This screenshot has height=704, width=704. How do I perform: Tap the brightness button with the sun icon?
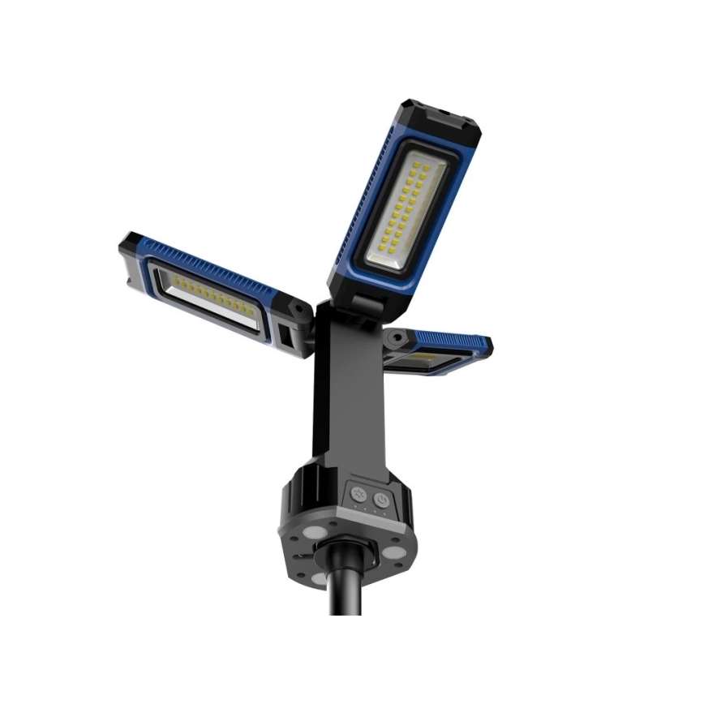tap(358, 494)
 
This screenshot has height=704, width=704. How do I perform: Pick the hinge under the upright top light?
tap(368, 304)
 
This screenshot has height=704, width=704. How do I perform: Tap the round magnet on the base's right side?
tap(394, 552)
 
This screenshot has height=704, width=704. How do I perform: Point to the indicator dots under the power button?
tap(378, 510)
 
